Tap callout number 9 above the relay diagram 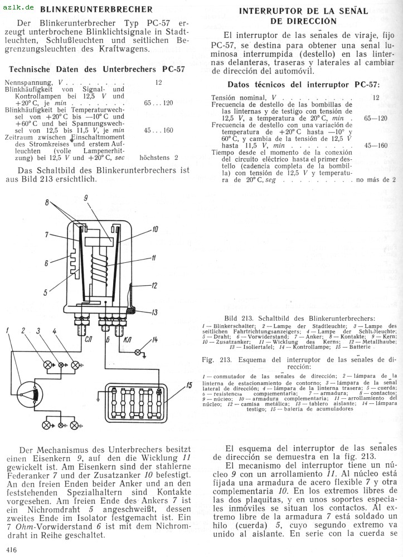(86, 198)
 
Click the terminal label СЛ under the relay (88, 340)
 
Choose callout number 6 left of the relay (46, 263)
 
